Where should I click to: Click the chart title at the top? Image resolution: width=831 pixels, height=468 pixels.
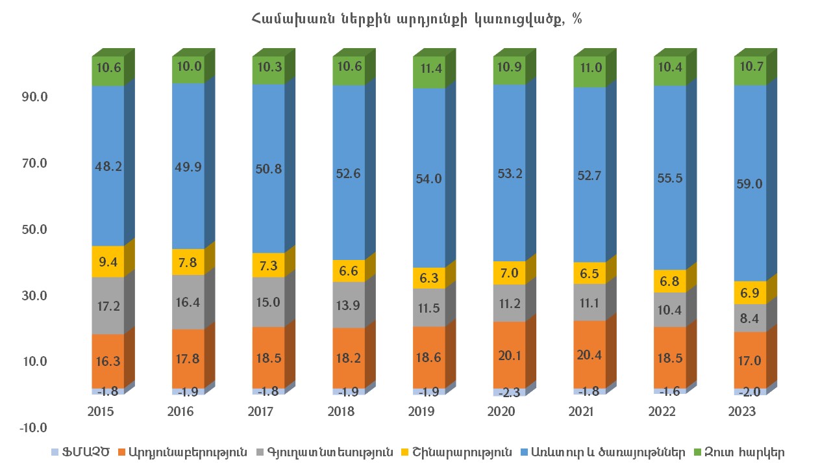pos(415,19)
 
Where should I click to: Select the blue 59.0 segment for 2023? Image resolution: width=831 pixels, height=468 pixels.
pos(750,183)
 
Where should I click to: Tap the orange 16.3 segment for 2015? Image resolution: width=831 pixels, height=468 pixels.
pos(108,361)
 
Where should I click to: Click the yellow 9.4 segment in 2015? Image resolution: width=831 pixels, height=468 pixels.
pos(108,261)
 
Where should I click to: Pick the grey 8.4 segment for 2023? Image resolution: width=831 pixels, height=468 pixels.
pos(750,318)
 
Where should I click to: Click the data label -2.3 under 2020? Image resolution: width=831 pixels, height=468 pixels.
pos(509,393)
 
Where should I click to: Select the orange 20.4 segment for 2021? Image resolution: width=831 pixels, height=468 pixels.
pos(589,354)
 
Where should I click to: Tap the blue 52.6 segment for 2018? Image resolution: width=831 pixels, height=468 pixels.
pos(349,172)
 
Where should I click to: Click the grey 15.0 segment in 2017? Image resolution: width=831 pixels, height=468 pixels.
pos(268,302)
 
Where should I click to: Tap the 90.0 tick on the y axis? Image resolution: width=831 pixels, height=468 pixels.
pos(34,97)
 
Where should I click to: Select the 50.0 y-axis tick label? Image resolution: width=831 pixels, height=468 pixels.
pos(34,229)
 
